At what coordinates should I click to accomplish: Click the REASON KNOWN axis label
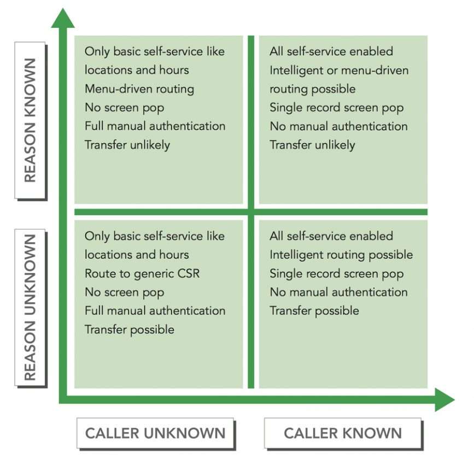pos(30,120)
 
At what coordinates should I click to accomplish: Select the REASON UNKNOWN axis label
pos(30,307)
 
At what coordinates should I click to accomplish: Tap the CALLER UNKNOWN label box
pos(155,434)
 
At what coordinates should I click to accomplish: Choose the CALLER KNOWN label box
pos(343,434)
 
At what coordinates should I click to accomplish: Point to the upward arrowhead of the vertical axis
pos(63,16)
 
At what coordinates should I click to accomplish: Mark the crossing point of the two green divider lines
pos(251,212)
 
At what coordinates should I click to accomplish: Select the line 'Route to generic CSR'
pos(142,273)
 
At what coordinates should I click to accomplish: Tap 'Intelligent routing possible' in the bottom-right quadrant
pos(341,255)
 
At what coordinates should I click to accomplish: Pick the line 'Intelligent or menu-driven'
pos(339,70)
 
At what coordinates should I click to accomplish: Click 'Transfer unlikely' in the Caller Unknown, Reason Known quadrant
pos(127,145)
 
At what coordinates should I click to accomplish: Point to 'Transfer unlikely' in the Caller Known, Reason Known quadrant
pos(312,145)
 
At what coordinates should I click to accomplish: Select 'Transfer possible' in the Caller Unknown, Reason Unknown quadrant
pos(130,329)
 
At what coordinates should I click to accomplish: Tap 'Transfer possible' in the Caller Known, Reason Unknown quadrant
pos(314,311)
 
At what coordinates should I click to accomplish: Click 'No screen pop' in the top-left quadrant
pos(124,108)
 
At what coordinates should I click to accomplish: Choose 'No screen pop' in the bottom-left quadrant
pos(124,292)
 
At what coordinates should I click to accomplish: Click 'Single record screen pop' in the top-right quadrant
pos(336,108)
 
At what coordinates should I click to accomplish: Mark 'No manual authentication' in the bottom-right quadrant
pos(338,292)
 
